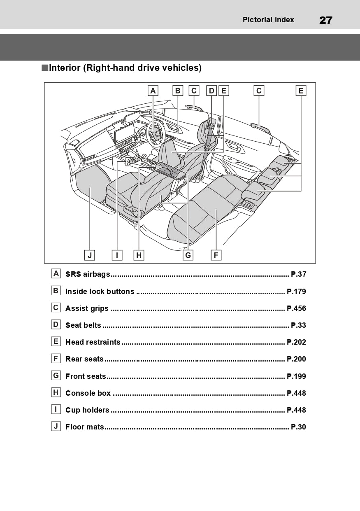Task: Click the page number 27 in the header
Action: pyautogui.click(x=325, y=20)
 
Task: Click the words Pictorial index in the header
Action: pyautogui.click(x=268, y=20)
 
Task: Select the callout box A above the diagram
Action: pyautogui.click(x=153, y=91)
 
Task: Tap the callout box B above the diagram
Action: pyautogui.click(x=177, y=91)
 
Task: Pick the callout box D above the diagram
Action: pyautogui.click(x=211, y=91)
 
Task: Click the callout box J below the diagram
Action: pyautogui.click(x=89, y=255)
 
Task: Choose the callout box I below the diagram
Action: pyautogui.click(x=117, y=255)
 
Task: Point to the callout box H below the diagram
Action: pyautogui.click(x=139, y=255)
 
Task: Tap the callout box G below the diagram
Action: pyautogui.click(x=188, y=255)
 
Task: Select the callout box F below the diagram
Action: pyautogui.click(x=216, y=255)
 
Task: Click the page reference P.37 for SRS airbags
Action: pyautogui.click(x=298, y=274)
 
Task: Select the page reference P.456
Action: pyautogui.click(x=296, y=308)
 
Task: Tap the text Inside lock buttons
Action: pyautogui.click(x=100, y=292)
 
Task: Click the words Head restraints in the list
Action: pyautogui.click(x=93, y=342)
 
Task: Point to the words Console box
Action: pyautogui.click(x=88, y=393)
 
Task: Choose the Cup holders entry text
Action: pyautogui.click(x=87, y=410)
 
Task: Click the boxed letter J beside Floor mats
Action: pyautogui.click(x=56, y=426)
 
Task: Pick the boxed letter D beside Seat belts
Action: pyautogui.click(x=56, y=324)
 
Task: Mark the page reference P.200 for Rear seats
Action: pyautogui.click(x=296, y=359)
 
